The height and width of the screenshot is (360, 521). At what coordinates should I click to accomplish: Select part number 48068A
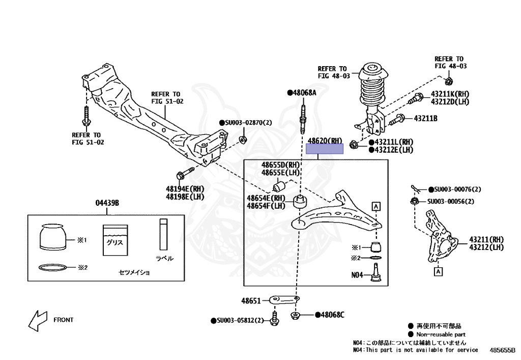pos(304,93)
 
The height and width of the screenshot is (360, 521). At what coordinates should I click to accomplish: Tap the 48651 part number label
pos(250,301)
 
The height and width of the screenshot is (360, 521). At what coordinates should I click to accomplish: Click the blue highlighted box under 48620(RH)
pos(325,149)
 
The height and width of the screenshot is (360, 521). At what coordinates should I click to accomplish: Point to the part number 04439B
pos(107,203)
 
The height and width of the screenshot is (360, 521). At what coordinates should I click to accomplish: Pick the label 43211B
pos(425,119)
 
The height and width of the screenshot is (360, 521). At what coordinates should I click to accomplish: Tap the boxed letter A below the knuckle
pos(438,272)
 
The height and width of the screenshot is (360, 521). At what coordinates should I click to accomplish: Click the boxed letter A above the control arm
pos(377,206)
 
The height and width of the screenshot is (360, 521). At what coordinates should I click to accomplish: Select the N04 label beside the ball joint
pos(357,275)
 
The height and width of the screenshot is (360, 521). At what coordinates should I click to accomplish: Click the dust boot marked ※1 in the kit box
pos(53,237)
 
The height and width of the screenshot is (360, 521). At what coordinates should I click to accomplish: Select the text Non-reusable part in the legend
pos(441,335)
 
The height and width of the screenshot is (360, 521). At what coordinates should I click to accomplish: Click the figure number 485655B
pos(503,350)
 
